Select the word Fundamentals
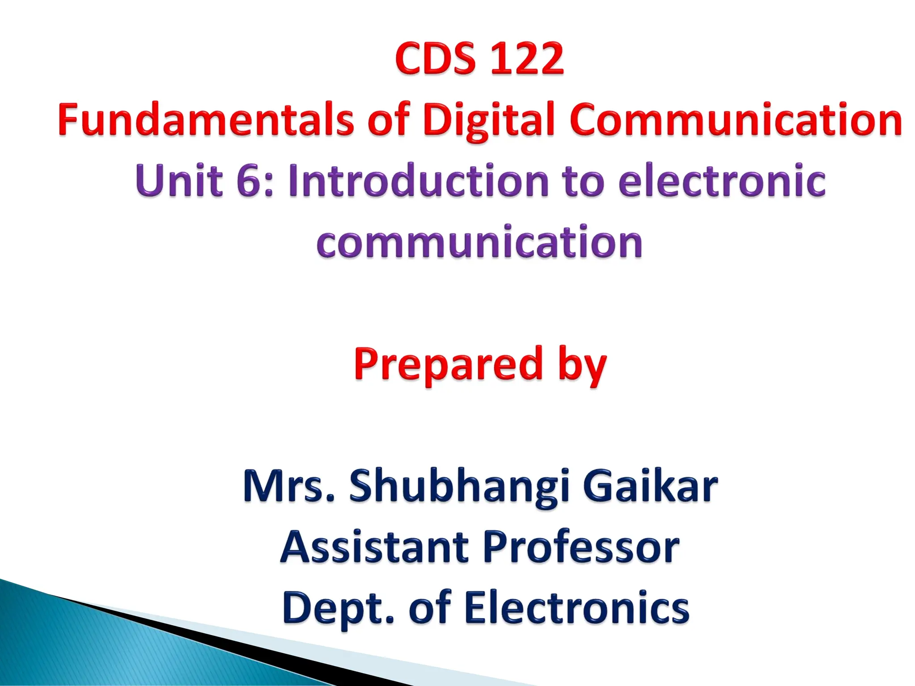click(206, 119)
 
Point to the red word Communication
click(735, 119)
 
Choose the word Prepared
click(448, 364)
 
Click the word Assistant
click(374, 547)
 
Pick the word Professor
click(581, 547)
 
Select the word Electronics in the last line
click(577, 607)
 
